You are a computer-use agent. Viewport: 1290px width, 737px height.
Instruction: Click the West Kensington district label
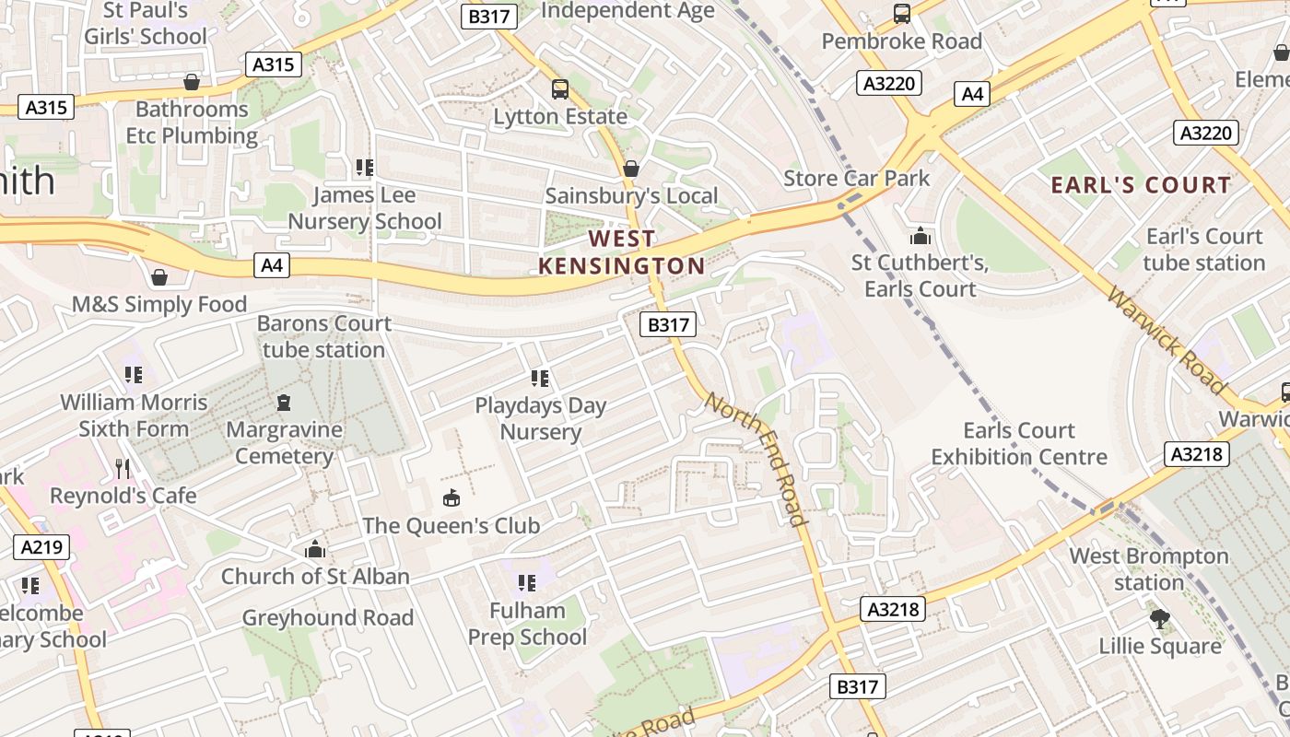pyautogui.click(x=621, y=252)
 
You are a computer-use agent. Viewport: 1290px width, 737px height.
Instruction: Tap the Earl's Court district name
pyautogui.click(x=1141, y=185)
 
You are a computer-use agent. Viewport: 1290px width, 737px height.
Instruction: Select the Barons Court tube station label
pyautogui.click(x=323, y=337)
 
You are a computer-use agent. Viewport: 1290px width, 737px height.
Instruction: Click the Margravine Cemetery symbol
pyautogui.click(x=284, y=403)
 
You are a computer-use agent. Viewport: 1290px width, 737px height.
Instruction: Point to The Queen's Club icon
pyautogui.click(x=451, y=498)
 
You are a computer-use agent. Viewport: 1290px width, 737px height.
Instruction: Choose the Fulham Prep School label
pyautogui.click(x=527, y=624)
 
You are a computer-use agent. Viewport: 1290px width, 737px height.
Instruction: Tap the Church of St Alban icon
pyautogui.click(x=315, y=550)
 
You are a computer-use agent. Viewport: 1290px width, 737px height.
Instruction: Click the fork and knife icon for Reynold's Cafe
pyautogui.click(x=123, y=469)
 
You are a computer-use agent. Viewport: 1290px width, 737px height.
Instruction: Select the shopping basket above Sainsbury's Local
pyautogui.click(x=631, y=169)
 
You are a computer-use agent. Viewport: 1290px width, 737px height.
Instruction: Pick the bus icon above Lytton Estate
pyautogui.click(x=560, y=89)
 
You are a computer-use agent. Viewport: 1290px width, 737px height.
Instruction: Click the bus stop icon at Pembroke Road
pyautogui.click(x=902, y=14)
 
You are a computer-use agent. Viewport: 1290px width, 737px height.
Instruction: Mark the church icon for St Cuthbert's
pyautogui.click(x=920, y=236)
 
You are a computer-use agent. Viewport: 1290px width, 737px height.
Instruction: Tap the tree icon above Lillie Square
pyautogui.click(x=1160, y=618)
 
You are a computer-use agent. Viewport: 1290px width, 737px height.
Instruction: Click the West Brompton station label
pyautogui.click(x=1149, y=569)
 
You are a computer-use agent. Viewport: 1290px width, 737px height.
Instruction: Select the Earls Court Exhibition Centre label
pyautogui.click(x=1019, y=444)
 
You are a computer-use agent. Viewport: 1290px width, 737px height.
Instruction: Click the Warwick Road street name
pyautogui.click(x=1167, y=340)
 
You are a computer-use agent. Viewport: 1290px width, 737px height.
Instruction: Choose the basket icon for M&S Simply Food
pyautogui.click(x=159, y=277)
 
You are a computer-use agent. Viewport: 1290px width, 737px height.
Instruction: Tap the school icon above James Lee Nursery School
pyautogui.click(x=365, y=168)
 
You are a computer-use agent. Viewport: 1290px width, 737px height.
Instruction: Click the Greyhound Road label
pyautogui.click(x=327, y=617)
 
